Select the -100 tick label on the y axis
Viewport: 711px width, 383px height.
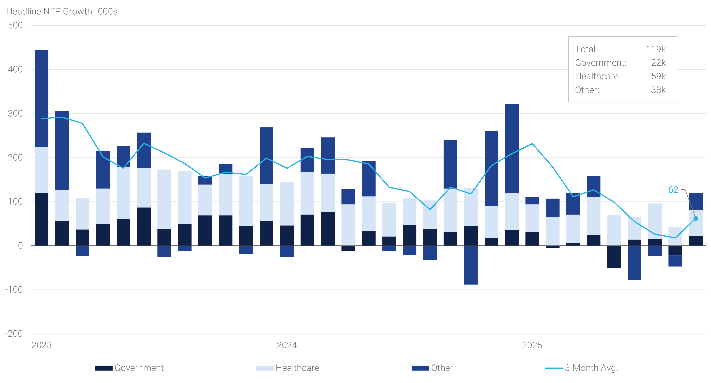coord(14,290)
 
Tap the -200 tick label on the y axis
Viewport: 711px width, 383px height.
coord(14,334)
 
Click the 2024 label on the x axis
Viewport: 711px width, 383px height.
coord(287,345)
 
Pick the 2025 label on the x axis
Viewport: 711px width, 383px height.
coord(532,345)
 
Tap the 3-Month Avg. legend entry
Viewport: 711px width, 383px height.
coord(591,368)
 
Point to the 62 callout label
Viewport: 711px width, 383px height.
coord(673,190)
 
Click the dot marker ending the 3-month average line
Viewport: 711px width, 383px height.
coord(696,219)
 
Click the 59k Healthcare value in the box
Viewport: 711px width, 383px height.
coord(658,76)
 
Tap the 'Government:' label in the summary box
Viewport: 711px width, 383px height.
coord(601,63)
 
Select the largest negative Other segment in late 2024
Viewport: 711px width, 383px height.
coord(471,265)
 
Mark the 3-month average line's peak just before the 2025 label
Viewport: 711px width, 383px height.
coord(532,144)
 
